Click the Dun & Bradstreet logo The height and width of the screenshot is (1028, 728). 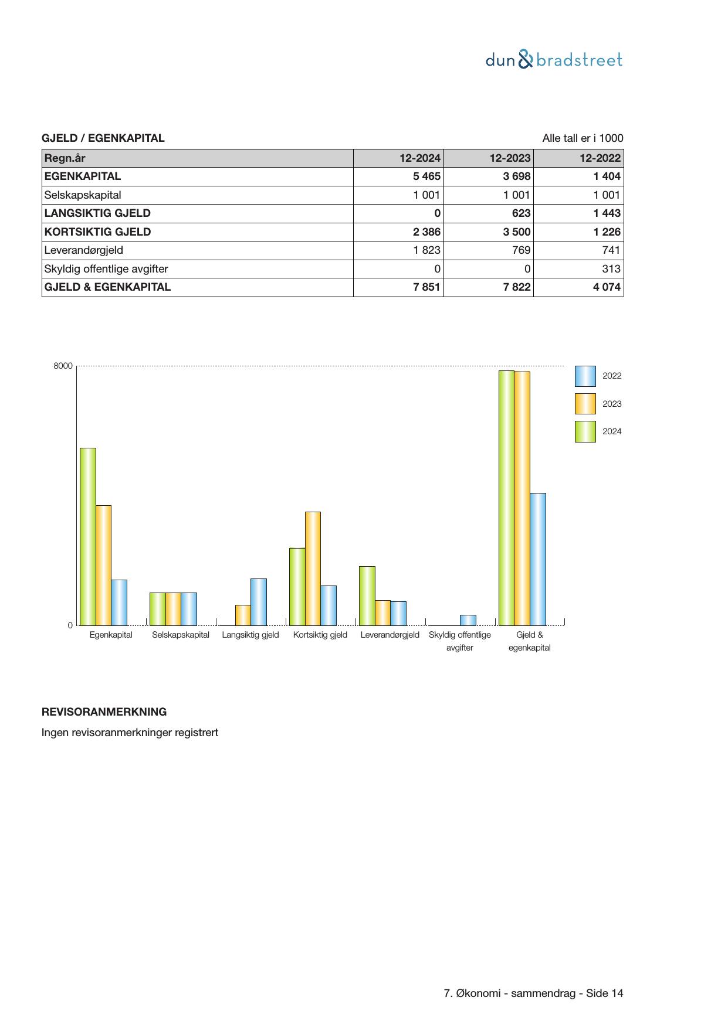554,60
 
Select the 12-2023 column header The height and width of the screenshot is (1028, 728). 510,158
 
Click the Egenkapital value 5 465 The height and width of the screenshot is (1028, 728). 426,176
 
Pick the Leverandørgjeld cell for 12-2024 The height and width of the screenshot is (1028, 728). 426,250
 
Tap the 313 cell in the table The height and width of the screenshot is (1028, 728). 610,269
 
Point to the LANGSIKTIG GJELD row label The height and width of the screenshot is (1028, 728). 97,213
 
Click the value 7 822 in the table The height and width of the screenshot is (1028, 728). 516,287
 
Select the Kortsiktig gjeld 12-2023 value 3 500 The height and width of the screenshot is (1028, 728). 516,232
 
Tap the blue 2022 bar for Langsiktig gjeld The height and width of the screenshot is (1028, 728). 258,602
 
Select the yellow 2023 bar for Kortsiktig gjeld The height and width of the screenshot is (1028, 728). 313,569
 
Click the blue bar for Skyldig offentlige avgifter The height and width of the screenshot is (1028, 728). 468,620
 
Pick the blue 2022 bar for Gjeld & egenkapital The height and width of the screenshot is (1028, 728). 537,559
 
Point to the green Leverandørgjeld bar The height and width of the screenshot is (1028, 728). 367,595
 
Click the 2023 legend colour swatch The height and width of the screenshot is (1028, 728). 585,404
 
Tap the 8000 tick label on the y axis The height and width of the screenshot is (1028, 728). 63,366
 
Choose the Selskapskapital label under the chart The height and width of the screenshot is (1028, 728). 181,635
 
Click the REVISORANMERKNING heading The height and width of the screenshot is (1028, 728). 104,712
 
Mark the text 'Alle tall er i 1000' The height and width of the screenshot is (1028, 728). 583,138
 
